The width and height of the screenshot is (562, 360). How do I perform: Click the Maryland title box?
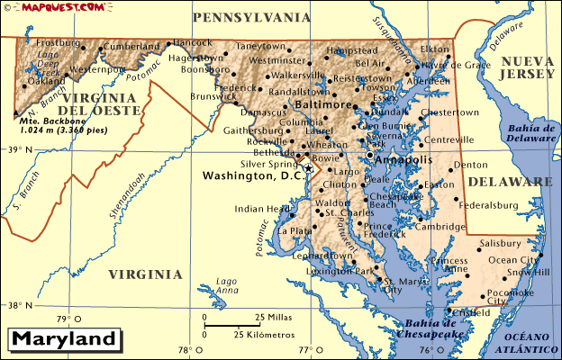pos(64,340)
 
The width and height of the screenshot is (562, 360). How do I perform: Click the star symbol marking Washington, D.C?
pos(308,167)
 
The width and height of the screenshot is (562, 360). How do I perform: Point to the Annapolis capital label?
pos(403,159)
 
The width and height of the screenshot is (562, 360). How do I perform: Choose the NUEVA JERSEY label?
pos(530,69)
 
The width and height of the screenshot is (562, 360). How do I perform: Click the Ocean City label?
pos(512,260)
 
